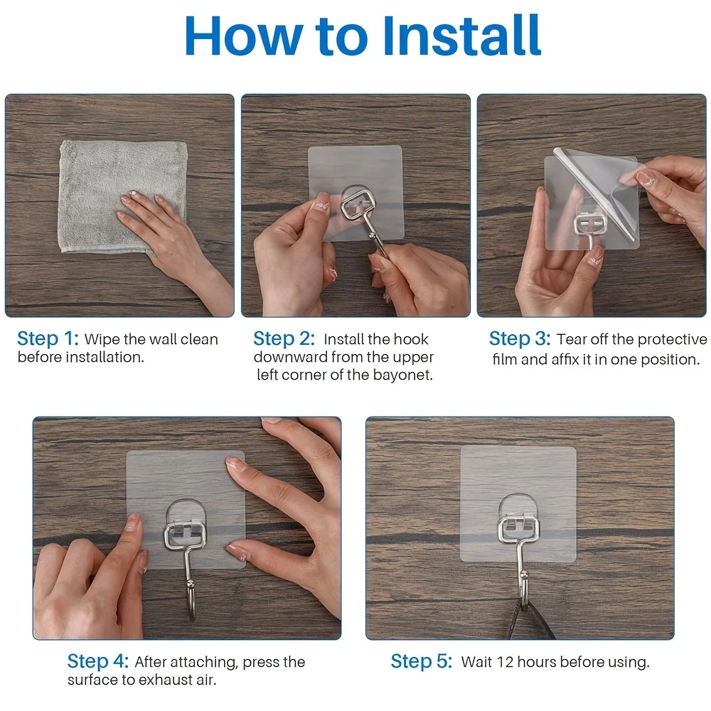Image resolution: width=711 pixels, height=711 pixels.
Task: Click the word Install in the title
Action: tap(461, 36)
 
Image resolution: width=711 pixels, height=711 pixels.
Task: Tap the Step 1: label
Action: tap(48, 338)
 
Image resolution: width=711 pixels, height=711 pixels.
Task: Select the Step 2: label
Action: tap(284, 338)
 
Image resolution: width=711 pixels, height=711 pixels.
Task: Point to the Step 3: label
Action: tap(520, 338)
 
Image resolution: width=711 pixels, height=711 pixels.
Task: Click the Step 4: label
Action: tap(98, 661)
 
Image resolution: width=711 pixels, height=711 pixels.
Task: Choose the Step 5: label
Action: tap(422, 661)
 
